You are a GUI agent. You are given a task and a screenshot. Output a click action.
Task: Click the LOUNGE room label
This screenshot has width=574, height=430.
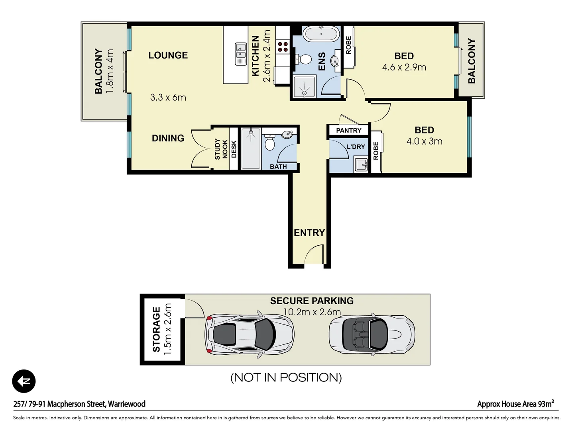tap(168, 55)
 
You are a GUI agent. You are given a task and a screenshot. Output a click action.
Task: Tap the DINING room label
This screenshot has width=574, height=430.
tap(168, 138)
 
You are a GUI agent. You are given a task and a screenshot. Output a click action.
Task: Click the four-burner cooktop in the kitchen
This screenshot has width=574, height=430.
tap(283, 47)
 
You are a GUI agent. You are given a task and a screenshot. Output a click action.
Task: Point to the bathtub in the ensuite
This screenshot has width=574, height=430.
tap(321, 34)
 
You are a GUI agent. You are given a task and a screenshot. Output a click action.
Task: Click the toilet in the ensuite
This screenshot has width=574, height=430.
tap(305, 59)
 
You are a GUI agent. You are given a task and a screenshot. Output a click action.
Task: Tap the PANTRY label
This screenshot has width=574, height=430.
tap(348, 131)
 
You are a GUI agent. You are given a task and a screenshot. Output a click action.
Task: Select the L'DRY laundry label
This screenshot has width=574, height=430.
tap(356, 147)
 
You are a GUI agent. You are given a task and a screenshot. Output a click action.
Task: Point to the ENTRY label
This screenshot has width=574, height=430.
tap(309, 233)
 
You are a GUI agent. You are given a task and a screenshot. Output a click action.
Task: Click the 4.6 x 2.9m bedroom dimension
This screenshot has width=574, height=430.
tap(404, 67)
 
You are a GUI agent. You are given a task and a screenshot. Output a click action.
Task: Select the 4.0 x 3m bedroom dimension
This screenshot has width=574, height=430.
tap(424, 141)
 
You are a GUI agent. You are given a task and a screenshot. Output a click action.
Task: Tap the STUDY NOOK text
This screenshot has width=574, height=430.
tap(221, 149)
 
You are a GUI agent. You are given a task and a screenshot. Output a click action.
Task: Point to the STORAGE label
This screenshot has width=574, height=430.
tap(156, 329)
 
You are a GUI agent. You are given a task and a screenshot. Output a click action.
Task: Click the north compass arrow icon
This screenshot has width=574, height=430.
tap(24, 381)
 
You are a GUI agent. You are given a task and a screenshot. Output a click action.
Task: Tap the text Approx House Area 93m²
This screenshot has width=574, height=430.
tap(515, 404)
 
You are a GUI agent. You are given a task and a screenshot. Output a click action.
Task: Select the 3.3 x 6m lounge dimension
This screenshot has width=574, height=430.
tap(168, 98)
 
